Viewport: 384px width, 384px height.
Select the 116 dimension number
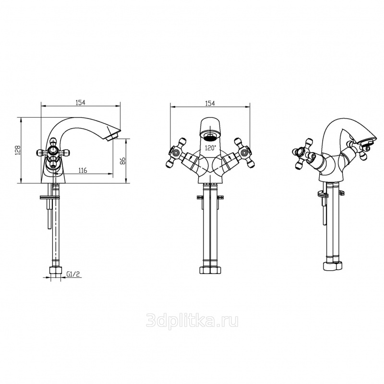82,170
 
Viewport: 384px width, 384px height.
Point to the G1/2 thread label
73,274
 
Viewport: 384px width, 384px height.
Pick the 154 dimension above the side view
81,102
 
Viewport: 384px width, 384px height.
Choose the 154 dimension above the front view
210,103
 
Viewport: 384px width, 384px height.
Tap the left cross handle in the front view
176,153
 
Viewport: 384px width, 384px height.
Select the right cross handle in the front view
244,153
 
